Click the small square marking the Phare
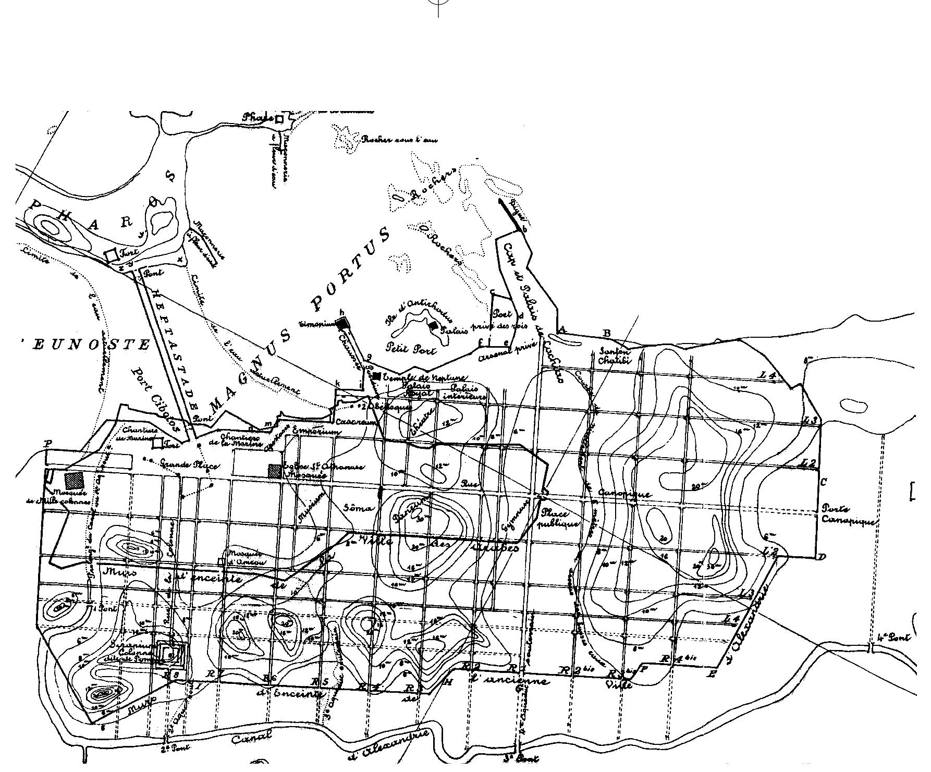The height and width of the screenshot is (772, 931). (279, 119)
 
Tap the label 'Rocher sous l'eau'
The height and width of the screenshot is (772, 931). (399, 140)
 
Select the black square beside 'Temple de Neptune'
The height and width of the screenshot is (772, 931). (377, 376)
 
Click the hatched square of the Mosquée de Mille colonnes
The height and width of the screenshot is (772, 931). (74, 480)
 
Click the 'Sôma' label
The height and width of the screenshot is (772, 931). (359, 508)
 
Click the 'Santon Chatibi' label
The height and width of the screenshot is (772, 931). (615, 356)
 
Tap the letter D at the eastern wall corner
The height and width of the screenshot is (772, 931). (822, 557)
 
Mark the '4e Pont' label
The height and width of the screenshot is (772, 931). (894, 637)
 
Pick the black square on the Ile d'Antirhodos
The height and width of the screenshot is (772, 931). (434, 326)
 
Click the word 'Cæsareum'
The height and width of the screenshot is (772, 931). (356, 422)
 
